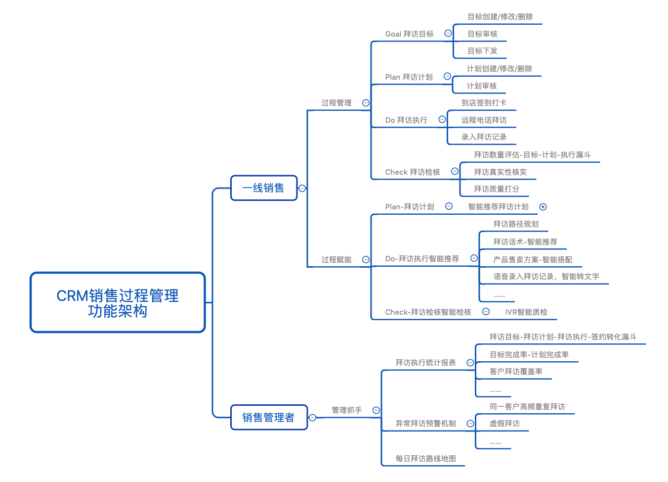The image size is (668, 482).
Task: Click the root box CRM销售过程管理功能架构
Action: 118,302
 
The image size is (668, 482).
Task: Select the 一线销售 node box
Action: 264,188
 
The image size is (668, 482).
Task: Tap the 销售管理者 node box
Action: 269,418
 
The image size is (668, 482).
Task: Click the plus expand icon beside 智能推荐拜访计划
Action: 543,207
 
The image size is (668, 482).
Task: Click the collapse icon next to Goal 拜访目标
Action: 448,33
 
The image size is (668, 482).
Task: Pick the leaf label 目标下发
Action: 482,51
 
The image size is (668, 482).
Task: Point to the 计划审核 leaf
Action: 482,86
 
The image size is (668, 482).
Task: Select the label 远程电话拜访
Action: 484,120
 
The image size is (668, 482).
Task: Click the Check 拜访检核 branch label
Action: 413,172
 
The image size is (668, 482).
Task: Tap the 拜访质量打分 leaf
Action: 497,189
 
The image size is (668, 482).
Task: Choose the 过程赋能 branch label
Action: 336,260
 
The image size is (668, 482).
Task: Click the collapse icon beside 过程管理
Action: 366,103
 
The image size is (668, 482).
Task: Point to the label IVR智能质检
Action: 526,312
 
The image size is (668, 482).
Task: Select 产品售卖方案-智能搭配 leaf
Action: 533,260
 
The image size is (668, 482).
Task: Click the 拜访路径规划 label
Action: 516,224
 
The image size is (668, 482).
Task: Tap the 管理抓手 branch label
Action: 347,410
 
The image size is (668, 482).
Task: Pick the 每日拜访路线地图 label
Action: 425,459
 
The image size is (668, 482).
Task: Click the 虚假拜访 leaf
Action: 504,424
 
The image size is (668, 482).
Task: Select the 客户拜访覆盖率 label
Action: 516,372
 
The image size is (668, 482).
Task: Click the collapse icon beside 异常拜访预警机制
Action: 470,424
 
